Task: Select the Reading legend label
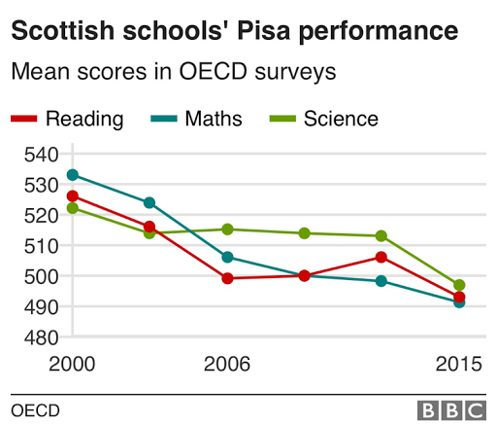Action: click(84, 120)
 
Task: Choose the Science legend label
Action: click(341, 120)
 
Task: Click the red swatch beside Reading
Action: click(24, 120)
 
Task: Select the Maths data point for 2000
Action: click(73, 175)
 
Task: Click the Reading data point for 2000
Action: click(73, 196)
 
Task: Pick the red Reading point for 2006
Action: click(227, 278)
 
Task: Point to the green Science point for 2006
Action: click(227, 230)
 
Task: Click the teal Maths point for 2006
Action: click(227, 257)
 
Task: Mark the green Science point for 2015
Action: click(459, 285)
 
